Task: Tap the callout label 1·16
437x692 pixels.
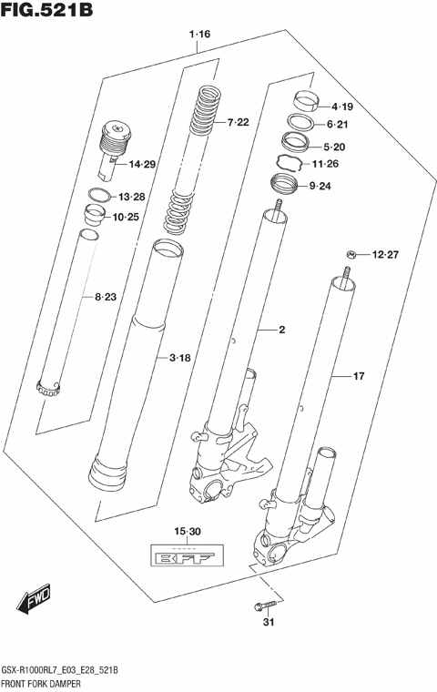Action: [x=200, y=35]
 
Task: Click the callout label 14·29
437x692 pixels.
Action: [x=142, y=165]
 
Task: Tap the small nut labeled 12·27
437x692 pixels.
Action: [x=350, y=253]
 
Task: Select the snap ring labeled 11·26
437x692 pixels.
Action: [x=287, y=164]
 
